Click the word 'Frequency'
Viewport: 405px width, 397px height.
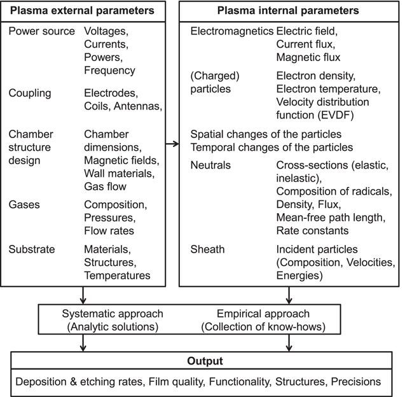[109, 70]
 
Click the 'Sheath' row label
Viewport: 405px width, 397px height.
[207, 249]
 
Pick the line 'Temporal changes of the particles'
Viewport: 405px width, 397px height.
[271, 148]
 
